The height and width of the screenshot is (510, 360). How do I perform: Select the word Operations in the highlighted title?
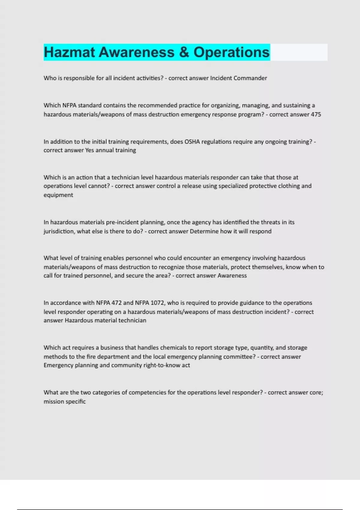pyautogui.click(x=231, y=52)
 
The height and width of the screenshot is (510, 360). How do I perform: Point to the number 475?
pyautogui.click(x=316, y=114)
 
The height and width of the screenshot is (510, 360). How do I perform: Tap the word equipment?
pyautogui.click(x=58, y=195)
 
